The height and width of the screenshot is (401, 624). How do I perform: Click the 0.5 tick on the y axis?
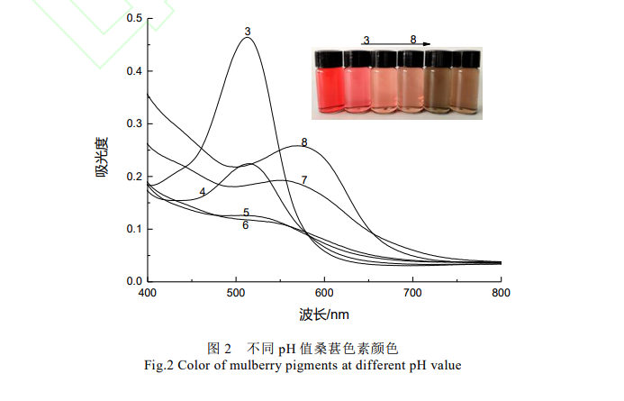pyautogui.click(x=131, y=18)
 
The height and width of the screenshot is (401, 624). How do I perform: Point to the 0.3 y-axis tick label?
pyautogui.click(x=131, y=123)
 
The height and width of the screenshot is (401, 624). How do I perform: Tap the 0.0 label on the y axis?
pyautogui.click(x=131, y=281)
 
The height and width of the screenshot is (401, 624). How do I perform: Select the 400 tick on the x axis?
pyautogui.click(x=147, y=293)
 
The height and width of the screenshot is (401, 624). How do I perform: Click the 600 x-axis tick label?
pyautogui.click(x=324, y=293)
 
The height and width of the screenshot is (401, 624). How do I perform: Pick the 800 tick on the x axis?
pyautogui.click(x=501, y=293)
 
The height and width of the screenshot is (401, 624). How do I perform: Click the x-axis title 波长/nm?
pyautogui.click(x=324, y=314)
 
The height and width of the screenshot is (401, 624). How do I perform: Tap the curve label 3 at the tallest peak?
pyautogui.click(x=247, y=32)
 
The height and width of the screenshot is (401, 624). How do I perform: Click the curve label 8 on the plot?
pyautogui.click(x=304, y=142)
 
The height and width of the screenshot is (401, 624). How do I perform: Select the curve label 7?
pyautogui.click(x=304, y=180)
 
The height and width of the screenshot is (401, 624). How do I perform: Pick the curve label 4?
pyautogui.click(x=203, y=192)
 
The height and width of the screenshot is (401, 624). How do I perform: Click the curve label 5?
pyautogui.click(x=246, y=213)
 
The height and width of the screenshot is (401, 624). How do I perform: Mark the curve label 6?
pyautogui.click(x=245, y=225)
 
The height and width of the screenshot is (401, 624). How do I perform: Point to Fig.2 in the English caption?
pyautogui.click(x=160, y=365)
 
